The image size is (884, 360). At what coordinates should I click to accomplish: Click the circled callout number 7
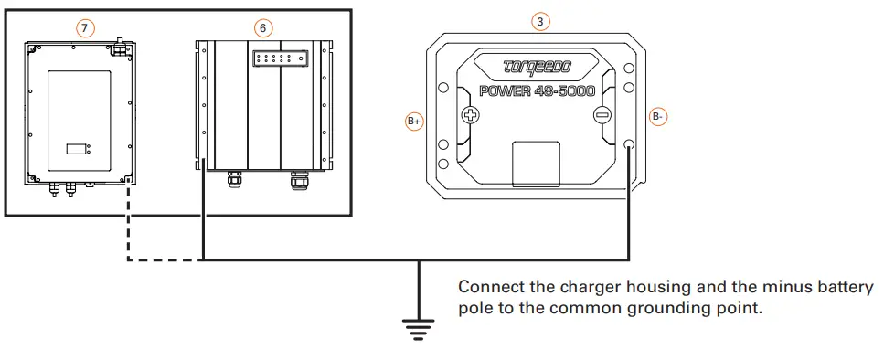coord(84,28)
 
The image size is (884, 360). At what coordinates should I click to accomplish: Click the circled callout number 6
coord(262,28)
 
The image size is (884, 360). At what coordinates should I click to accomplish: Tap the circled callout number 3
coord(540,21)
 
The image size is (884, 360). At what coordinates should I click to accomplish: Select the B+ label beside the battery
coord(414,120)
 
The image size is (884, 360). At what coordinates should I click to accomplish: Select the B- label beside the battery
coord(659,116)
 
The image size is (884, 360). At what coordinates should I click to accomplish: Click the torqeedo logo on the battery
coord(536,68)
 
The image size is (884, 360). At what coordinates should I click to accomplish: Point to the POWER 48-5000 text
coord(537,91)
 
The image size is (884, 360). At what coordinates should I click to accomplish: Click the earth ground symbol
coord(419,324)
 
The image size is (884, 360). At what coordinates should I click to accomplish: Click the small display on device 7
coord(78,147)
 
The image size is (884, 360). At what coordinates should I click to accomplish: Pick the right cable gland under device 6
coord(298,179)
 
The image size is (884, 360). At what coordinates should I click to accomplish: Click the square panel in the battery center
coord(537,163)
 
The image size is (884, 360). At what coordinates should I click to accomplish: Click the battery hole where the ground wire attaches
coord(629,145)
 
